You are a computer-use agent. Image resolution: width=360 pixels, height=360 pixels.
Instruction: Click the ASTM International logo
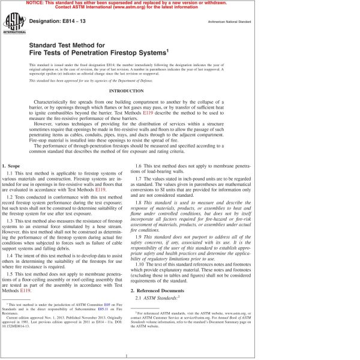[x=13, y=24]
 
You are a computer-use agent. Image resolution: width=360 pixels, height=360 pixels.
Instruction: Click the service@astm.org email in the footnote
[x=207, y=317]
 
